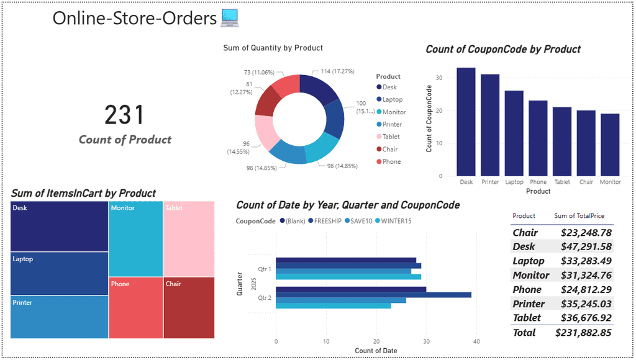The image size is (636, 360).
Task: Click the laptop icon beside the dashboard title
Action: pyautogui.click(x=230, y=19)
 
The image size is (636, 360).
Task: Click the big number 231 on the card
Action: pyautogui.click(x=124, y=115)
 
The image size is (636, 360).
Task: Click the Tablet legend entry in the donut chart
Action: pyautogui.click(x=391, y=137)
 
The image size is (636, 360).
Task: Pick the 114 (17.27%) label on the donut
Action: pyautogui.click(x=334, y=71)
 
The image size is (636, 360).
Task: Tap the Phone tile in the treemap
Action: pyautogui.click(x=135, y=307)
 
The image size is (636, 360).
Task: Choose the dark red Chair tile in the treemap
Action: pyautogui.click(x=189, y=307)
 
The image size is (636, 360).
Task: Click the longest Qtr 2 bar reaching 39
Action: pyautogui.click(x=373, y=295)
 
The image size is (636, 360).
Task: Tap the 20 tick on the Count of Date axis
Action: pyautogui.click(x=376, y=341)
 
